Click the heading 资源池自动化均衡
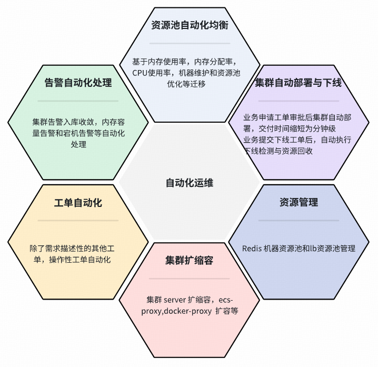pos(190,25)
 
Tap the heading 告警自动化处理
pos(78,83)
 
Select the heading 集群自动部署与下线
pos(299,83)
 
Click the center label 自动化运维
pos(190,183)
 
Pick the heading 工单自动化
pos(78,203)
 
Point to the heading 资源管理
pos(299,202)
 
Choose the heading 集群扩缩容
pos(189,261)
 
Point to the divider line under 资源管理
pos(299,221)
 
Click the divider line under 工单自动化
pos(78,221)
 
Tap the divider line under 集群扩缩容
pos(189,279)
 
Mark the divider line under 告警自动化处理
pos(78,101)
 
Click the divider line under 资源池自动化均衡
pos(190,43)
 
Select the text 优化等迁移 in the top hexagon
pos(186,84)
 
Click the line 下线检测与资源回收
pos(278,151)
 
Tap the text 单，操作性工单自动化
pos(72,260)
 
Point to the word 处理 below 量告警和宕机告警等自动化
pos(78,144)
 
